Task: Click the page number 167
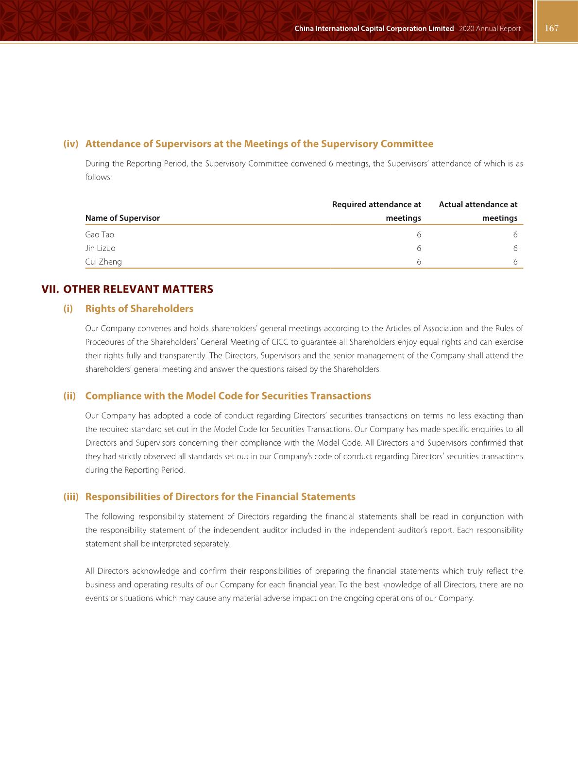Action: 552,28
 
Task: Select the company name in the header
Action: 374,29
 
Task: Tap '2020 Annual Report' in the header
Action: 489,29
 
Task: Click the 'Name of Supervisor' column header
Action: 122,218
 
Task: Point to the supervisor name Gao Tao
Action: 100,234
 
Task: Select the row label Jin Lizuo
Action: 101,248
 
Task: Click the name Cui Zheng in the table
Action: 103,262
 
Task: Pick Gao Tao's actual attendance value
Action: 515,234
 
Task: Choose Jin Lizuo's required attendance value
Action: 419,248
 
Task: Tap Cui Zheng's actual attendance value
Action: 515,262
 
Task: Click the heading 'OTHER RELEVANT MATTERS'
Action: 138,289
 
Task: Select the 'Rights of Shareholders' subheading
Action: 139,309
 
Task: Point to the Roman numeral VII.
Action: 51,289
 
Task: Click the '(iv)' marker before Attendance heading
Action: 71,144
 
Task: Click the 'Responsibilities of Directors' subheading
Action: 220,497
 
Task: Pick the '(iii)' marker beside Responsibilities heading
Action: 71,497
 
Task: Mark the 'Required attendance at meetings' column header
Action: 376,211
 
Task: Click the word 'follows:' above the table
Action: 99,177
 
